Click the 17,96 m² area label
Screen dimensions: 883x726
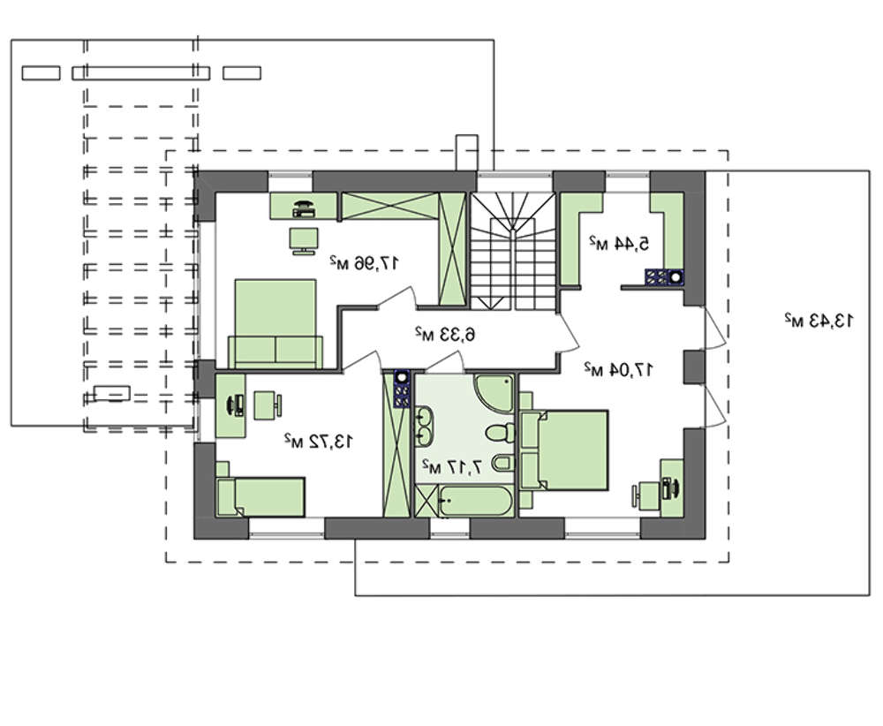click(x=364, y=262)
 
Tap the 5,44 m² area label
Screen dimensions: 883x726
click(x=619, y=243)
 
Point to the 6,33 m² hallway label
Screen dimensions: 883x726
click(x=445, y=334)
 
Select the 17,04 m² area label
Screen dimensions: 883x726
click(x=618, y=369)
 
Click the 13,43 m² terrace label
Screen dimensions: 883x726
click(x=819, y=321)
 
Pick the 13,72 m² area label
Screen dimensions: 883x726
click(x=319, y=441)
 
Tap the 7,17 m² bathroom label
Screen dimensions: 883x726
click(x=452, y=466)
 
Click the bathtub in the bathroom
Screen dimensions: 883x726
click(x=476, y=501)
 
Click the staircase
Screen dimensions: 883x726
click(x=513, y=251)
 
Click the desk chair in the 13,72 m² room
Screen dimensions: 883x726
click(x=268, y=405)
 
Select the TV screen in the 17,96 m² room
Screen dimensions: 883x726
click(x=304, y=241)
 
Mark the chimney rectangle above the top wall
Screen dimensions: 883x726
click(x=466, y=152)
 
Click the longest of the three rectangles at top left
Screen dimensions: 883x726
click(x=140, y=73)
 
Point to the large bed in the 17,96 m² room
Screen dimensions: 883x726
click(x=275, y=324)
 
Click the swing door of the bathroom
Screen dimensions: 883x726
click(x=445, y=360)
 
